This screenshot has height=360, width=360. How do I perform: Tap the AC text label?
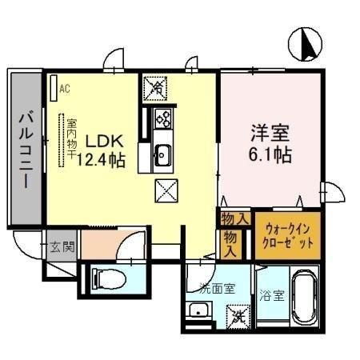pos(65,88)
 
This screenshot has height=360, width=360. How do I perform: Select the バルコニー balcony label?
pos(24,148)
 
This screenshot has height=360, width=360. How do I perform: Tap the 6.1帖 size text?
pos(269,154)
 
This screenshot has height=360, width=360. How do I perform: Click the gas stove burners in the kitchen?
pos(163,118)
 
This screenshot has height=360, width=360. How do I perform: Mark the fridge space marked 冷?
pos(154,86)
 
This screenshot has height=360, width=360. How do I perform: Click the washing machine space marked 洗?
pos(238,316)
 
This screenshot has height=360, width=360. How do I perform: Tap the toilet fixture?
pos(108,278)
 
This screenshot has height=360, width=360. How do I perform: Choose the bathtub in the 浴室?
pos(304,300)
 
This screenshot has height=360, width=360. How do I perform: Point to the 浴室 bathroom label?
pos(270,295)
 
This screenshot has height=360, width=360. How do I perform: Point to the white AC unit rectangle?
pos(52,86)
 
